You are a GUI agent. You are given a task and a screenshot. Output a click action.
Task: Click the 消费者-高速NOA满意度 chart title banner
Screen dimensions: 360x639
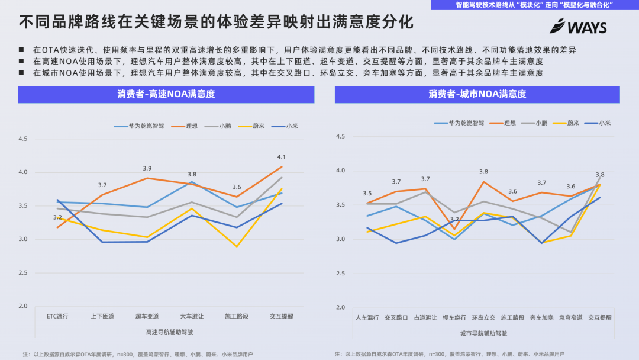[x=166, y=94]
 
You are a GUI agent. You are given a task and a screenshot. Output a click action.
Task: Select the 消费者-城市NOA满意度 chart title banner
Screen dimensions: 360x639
[x=477, y=94]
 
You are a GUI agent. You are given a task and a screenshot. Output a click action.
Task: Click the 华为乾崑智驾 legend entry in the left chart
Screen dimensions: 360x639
[x=138, y=126]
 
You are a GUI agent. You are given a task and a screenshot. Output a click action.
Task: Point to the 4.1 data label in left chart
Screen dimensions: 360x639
[x=281, y=157]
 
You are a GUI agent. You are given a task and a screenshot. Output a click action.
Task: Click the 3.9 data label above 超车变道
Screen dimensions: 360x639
[x=147, y=168]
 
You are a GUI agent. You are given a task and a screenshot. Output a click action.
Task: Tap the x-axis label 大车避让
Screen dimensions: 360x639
[x=192, y=316]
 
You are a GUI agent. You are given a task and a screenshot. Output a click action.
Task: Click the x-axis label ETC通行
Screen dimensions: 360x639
[x=57, y=316]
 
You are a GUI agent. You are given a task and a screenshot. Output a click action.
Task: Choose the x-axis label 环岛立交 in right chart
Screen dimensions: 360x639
[x=483, y=317]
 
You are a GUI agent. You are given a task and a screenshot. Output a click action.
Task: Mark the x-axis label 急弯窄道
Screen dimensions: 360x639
[x=571, y=317]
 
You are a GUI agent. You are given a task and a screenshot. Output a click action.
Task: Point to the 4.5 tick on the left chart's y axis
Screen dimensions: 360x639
[x=23, y=139]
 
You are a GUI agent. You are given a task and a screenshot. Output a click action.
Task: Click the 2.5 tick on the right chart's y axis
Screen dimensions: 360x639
[x=340, y=273]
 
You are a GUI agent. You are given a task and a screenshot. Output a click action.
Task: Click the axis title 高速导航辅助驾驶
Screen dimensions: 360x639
[x=169, y=332]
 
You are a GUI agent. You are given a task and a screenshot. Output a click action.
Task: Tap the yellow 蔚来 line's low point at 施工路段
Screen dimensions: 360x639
[x=237, y=246]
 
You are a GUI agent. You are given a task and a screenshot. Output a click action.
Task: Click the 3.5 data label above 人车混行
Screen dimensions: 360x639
[x=367, y=194]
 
